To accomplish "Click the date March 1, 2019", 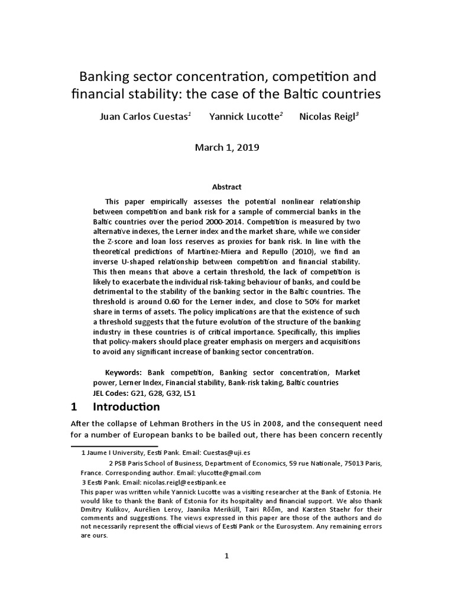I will click(x=227, y=148).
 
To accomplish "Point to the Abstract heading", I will click(x=227, y=187).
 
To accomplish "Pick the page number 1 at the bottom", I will click(x=226, y=555).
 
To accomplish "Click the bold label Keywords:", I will click(x=123, y=373).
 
